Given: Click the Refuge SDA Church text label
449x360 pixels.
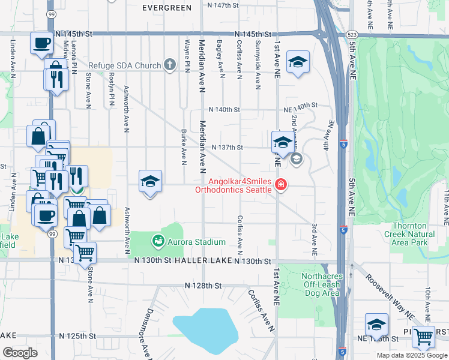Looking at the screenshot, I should coord(124,65).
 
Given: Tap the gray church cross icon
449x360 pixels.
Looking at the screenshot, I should coord(170,65).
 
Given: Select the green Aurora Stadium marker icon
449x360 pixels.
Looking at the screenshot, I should coord(158,241).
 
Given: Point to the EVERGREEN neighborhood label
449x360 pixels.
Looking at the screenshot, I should coord(167,8).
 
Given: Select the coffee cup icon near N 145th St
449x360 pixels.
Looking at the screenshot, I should coord(42,43).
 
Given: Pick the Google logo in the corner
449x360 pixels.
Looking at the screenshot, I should coord(20,353).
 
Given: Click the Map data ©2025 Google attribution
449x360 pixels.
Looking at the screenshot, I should coord(412,355).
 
